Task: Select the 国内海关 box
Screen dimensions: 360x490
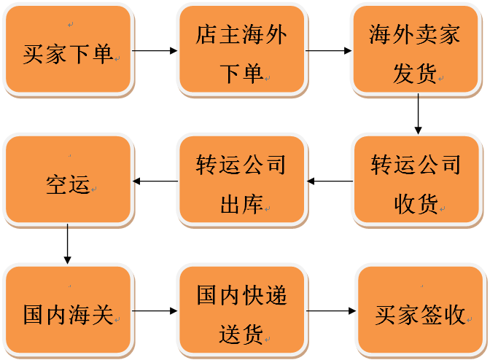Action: [68, 312]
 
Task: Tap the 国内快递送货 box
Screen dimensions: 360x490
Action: [241, 312]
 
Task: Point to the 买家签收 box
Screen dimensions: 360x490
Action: [420, 312]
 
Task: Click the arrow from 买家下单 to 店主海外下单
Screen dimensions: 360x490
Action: [155, 51]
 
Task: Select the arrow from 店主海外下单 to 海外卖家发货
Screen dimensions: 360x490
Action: [327, 51]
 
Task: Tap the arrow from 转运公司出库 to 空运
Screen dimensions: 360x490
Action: [155, 181]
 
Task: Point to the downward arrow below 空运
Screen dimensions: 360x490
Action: [68, 244]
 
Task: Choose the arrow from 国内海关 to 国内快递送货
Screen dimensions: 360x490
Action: [155, 312]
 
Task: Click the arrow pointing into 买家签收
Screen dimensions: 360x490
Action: [332, 312]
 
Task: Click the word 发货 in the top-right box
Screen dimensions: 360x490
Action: [414, 74]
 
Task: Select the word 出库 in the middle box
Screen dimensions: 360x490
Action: [241, 205]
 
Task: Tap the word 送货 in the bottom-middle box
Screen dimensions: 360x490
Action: [241, 335]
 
